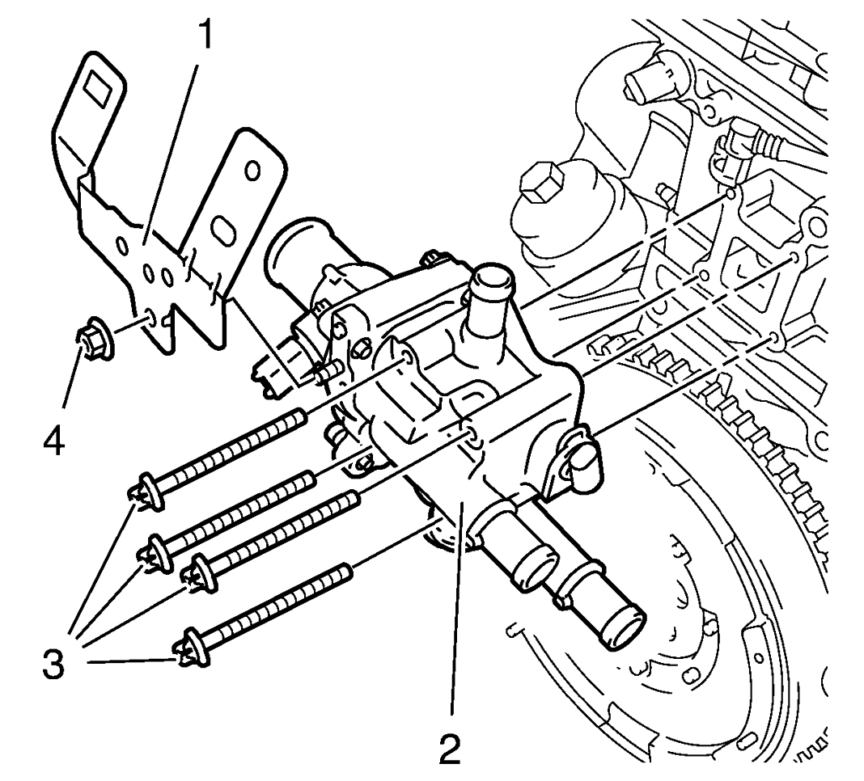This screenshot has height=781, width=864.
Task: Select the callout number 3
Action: click(53, 665)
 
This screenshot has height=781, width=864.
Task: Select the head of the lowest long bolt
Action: click(193, 646)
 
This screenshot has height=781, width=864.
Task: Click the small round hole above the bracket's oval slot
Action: click(252, 171)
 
